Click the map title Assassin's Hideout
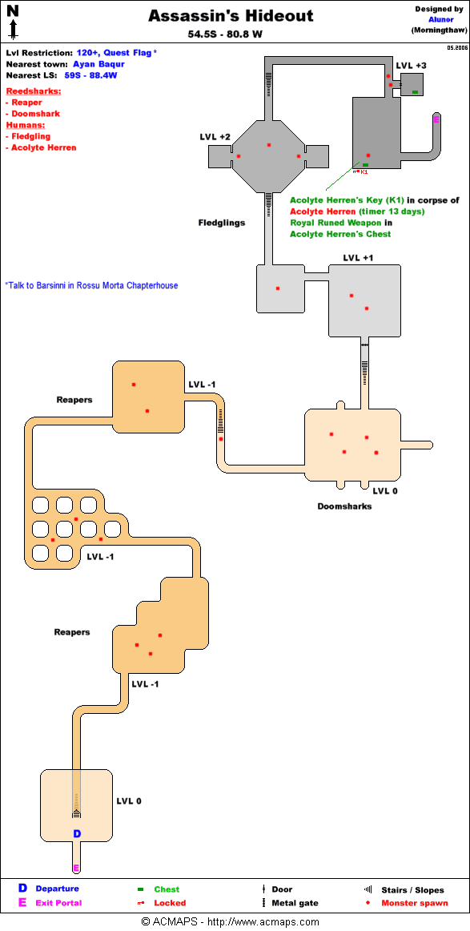pos(231,17)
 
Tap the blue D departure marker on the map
pos(77,834)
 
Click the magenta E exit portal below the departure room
pos(76,868)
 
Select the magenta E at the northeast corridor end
pos(436,120)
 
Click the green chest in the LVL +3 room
pos(416,92)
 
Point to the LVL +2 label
pos(215,137)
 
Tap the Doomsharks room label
pos(345,506)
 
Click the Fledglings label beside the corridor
pos(221,224)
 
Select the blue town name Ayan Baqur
pos(98,64)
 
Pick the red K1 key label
pos(364,172)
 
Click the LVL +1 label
pos(359,258)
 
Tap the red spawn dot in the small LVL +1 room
pos(278,288)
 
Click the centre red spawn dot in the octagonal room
pos(269,145)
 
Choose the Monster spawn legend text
pos(415,903)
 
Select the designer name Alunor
pos(441,19)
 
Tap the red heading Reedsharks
pos(34,91)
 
